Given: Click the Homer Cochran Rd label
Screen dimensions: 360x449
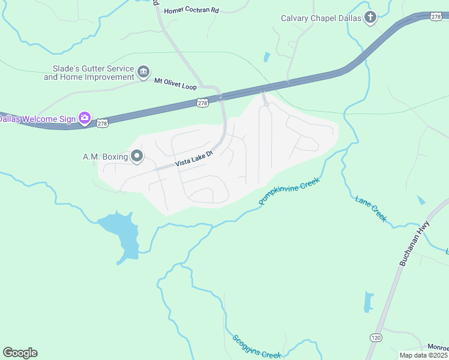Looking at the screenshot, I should coord(191,10).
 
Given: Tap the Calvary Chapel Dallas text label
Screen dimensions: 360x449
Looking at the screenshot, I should coord(321,18).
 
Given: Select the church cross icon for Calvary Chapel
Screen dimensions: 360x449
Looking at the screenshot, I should coord(370,17).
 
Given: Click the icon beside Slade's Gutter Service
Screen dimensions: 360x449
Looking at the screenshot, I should coord(143,73).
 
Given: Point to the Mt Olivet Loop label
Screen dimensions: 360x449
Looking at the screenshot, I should coord(175,83).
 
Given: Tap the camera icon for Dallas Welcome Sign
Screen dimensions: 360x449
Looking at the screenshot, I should coord(85,118).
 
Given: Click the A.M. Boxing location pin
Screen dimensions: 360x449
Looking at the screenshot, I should coord(137,157).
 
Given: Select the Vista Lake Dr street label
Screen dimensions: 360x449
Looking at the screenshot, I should coord(194,159).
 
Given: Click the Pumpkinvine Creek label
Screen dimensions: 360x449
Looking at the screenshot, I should coord(289,191).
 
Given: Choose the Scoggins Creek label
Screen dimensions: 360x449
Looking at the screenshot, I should coord(256,347).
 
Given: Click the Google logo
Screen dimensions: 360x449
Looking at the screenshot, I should coord(20,353).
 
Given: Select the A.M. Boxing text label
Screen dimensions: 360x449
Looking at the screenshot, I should coord(105,157).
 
